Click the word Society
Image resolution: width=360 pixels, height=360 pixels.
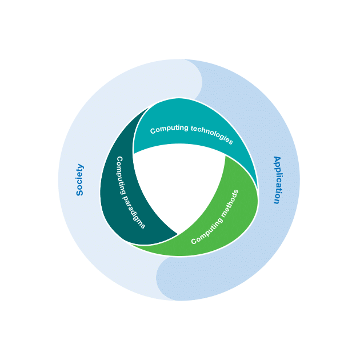pyautogui.click(x=80, y=180)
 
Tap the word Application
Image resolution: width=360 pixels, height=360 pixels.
pyautogui.click(x=277, y=180)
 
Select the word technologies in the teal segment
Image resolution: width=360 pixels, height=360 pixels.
pyautogui.click(x=212, y=134)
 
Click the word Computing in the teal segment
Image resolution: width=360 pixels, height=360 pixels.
pyautogui.click(x=169, y=129)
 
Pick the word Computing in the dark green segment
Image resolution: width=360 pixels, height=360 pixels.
pyautogui.click(x=121, y=175)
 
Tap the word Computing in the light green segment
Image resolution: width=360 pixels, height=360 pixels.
pyautogui.click(x=206, y=231)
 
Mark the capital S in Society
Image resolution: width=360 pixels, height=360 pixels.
pyautogui.click(x=79, y=193)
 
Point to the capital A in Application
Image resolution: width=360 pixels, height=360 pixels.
pyautogui.click(x=278, y=159)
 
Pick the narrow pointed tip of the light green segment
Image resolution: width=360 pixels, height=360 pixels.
pyautogui.click(x=133, y=245)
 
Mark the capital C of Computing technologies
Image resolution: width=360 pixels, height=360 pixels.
pyautogui.click(x=153, y=131)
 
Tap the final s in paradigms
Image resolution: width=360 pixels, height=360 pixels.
pyautogui.click(x=143, y=226)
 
